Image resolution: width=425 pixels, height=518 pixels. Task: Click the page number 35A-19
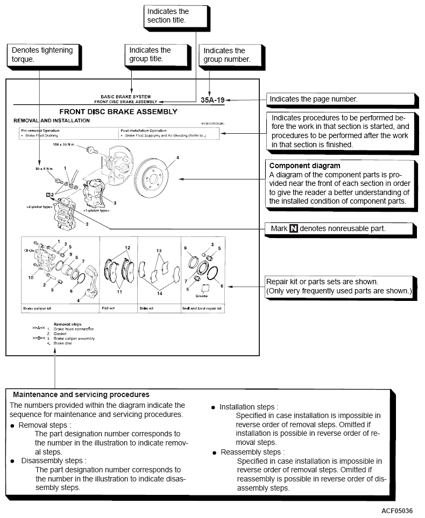pyautogui.click(x=212, y=99)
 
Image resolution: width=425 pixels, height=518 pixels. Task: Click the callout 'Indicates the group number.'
pyautogui.click(x=226, y=55)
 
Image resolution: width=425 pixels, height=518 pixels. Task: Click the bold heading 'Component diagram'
pyautogui.click(x=304, y=166)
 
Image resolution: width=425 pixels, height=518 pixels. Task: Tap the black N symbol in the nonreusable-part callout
pyautogui.click(x=293, y=228)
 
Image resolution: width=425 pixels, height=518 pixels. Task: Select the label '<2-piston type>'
pyautogui.click(x=39, y=206)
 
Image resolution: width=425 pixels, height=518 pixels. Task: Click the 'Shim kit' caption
pyautogui.click(x=146, y=310)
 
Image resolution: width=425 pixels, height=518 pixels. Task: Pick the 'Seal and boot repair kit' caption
pyautogui.click(x=202, y=310)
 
